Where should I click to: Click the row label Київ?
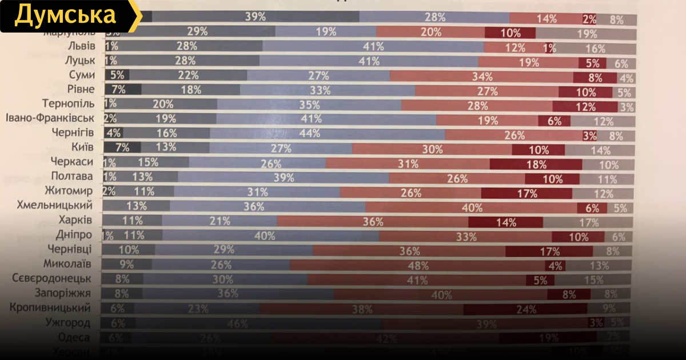point(83,147)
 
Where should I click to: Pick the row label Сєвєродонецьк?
point(52,279)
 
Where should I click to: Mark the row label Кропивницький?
point(50,308)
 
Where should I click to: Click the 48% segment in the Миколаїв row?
point(418,265)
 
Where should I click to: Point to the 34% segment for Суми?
point(481,76)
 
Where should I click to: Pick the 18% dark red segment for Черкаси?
point(536,164)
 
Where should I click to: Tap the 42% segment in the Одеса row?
point(386,338)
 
